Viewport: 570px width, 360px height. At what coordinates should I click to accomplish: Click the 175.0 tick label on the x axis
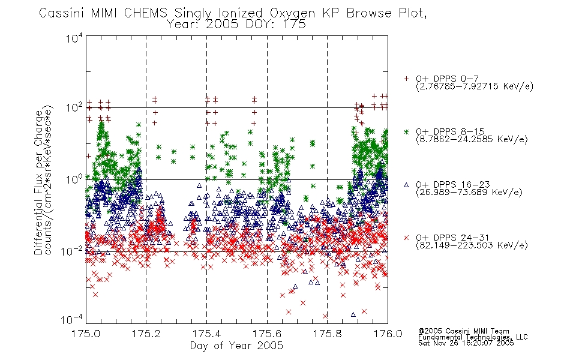(x=86, y=334)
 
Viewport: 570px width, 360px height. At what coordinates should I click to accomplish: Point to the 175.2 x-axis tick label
(x=146, y=334)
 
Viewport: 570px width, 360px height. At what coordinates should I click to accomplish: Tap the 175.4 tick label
(x=206, y=334)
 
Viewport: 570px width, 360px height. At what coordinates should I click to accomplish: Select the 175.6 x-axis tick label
(x=267, y=334)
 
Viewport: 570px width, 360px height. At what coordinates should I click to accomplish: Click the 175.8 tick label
(x=328, y=334)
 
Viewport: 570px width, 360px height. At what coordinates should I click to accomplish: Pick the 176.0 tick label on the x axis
(x=388, y=334)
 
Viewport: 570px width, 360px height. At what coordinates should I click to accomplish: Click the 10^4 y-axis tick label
(x=74, y=38)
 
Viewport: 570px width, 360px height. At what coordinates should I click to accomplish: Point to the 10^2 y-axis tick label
(x=74, y=108)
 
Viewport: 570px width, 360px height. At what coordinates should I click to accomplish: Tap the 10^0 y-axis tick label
(x=74, y=179)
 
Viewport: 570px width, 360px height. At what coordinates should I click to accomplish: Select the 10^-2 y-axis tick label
(x=72, y=251)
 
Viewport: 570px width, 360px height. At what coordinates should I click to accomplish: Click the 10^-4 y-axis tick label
(x=72, y=320)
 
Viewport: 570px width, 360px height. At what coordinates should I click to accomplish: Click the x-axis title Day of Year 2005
(x=236, y=346)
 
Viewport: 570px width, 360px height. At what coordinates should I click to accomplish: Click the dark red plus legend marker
(x=406, y=79)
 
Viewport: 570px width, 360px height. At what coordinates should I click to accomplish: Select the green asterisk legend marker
(x=406, y=131)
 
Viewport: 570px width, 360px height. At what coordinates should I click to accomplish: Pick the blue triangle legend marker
(x=406, y=185)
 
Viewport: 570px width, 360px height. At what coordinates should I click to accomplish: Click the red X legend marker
(x=406, y=238)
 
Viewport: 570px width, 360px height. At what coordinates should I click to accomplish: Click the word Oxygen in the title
(x=293, y=13)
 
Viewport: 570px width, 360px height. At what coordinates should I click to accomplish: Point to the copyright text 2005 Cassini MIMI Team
(x=464, y=331)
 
